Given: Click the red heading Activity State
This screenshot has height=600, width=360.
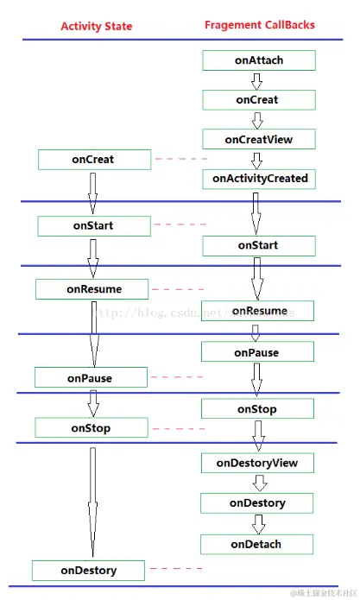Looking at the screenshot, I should click(x=96, y=27).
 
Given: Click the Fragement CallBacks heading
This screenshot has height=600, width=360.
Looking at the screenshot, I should click(x=259, y=25).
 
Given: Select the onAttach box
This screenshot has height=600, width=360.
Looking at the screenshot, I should click(x=258, y=60).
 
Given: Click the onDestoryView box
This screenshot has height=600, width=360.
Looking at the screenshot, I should click(x=256, y=463).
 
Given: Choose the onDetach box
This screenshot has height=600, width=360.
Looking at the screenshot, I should click(x=256, y=545).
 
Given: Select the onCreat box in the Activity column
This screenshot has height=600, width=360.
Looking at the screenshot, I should click(x=93, y=160).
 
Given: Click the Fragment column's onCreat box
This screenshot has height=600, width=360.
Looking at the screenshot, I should click(x=257, y=99).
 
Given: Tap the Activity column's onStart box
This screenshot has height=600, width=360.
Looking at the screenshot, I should click(x=93, y=226).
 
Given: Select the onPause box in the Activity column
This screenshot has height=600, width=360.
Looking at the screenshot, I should click(x=90, y=378).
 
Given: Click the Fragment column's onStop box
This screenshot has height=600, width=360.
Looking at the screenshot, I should click(x=256, y=409).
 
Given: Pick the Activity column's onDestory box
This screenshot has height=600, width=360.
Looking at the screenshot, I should click(x=88, y=571).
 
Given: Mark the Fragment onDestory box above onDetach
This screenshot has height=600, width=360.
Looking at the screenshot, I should click(x=257, y=502).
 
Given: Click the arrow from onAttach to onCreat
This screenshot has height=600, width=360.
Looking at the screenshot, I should click(x=256, y=80).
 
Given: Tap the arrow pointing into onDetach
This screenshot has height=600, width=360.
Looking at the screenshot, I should click(x=257, y=524).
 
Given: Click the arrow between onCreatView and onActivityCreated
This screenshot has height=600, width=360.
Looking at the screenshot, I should click(x=256, y=160).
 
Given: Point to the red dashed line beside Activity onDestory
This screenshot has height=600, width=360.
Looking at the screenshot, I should click(x=176, y=569).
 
